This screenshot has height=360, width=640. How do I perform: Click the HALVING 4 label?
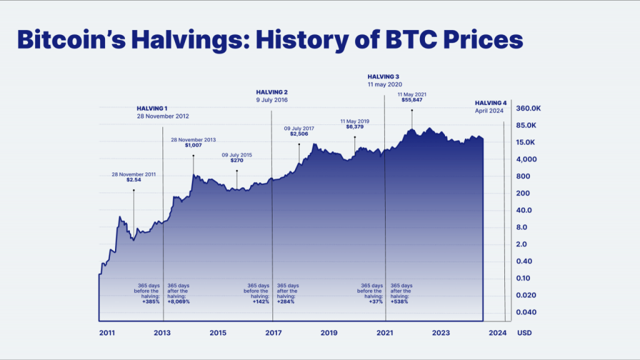tap(491, 102)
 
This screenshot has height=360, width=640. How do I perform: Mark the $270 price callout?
tap(237, 160)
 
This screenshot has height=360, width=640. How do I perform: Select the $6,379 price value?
tap(354, 126)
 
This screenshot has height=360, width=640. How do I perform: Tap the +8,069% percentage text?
tap(178, 301)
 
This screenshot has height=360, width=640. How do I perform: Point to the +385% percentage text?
tap(151, 301)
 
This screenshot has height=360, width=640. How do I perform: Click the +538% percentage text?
tap(401, 301)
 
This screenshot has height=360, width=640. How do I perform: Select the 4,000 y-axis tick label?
tap(526, 159)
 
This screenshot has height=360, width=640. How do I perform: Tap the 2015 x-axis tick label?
tap(218, 333)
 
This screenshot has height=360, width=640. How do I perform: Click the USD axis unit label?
tap(524, 333)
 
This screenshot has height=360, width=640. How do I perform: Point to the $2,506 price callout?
tap(299, 134)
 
